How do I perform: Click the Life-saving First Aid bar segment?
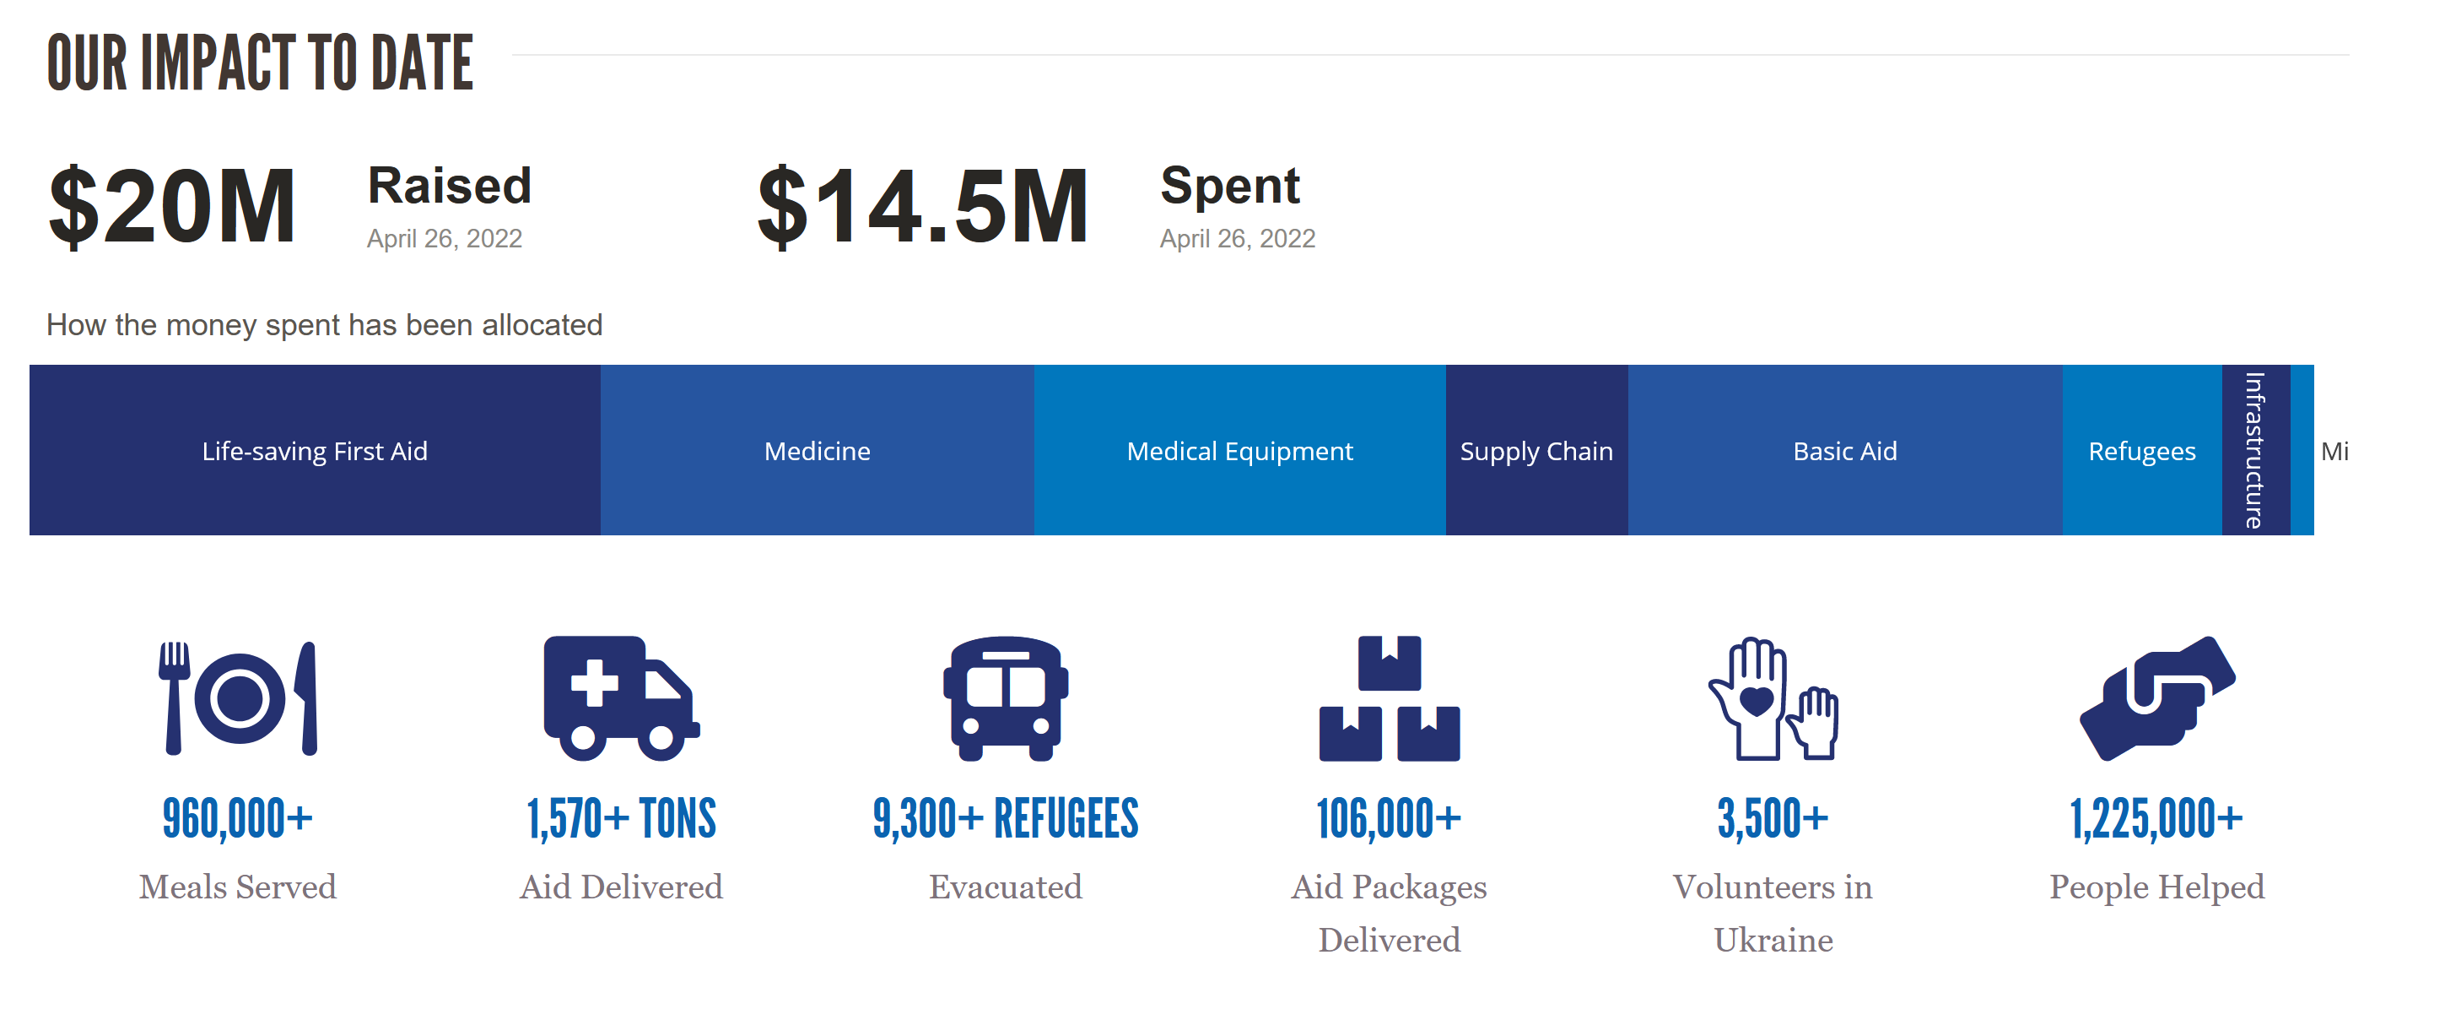coord(314,450)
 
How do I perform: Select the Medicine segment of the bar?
coord(817,450)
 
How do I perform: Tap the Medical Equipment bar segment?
coord(1239,450)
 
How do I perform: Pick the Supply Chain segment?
coord(1536,450)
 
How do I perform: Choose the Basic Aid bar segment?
coord(1844,450)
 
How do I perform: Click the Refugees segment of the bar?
coord(2141,450)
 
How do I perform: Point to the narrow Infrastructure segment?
coord(2255,450)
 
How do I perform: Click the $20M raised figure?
coord(172,206)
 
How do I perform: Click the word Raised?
coord(449,185)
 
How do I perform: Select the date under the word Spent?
coord(1237,238)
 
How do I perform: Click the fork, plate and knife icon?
coord(237,698)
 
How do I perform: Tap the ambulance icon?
coord(621,698)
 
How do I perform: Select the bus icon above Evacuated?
coord(1005,698)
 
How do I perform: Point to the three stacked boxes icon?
coord(1389,698)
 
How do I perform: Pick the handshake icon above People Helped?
coord(2156,698)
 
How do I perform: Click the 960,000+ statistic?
coord(237,819)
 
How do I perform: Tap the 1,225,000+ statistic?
coord(2156,819)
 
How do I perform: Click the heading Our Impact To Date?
coord(260,63)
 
